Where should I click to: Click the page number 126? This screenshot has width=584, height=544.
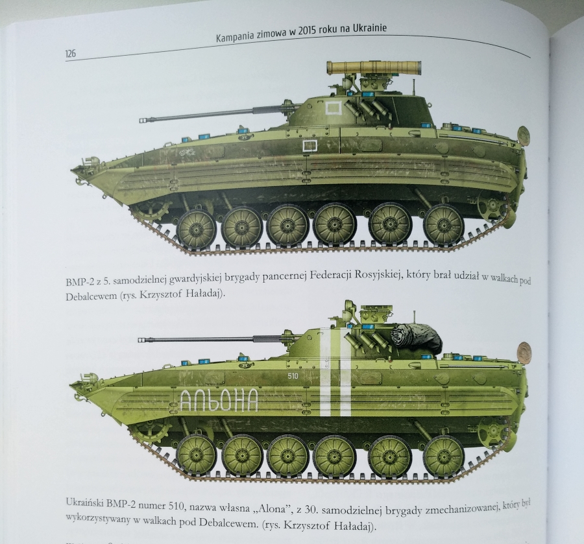(x=70, y=54)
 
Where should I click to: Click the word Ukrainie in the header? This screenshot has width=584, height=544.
(x=371, y=29)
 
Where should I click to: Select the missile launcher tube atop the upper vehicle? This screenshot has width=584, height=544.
(x=374, y=67)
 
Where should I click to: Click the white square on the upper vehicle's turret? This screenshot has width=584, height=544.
(x=334, y=108)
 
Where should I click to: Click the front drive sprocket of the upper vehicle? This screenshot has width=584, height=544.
(x=150, y=207)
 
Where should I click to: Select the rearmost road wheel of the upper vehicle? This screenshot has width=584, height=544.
(x=444, y=225)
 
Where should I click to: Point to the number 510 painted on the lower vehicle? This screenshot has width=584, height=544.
(x=293, y=376)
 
